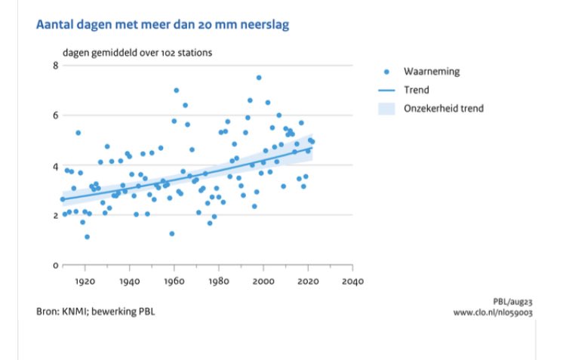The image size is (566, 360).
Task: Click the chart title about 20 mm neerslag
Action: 161,26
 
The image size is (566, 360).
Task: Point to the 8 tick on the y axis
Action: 55,66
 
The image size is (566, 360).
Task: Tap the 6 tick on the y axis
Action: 55,115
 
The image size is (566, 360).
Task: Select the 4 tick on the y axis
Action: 55,166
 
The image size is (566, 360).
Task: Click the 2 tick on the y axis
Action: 55,216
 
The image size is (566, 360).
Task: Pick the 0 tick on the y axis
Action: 55,266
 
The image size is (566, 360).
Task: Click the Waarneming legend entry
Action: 431,72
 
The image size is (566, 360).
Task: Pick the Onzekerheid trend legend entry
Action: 444,109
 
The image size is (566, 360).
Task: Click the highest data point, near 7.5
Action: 258,78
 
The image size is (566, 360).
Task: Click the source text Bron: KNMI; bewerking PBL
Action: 98,311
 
